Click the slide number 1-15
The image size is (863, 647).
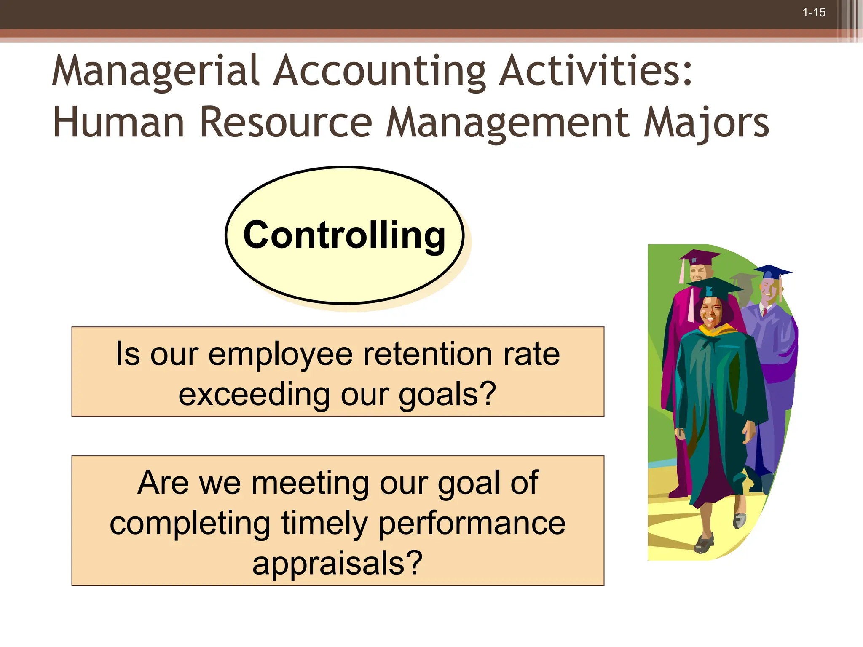(814, 13)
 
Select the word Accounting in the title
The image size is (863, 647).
(380, 71)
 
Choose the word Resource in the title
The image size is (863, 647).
(286, 122)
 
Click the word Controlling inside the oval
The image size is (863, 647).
(344, 235)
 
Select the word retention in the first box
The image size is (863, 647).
(428, 354)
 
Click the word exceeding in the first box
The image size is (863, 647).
(254, 395)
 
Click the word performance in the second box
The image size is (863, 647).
(472, 523)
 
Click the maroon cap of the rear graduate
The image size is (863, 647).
(700, 256)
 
